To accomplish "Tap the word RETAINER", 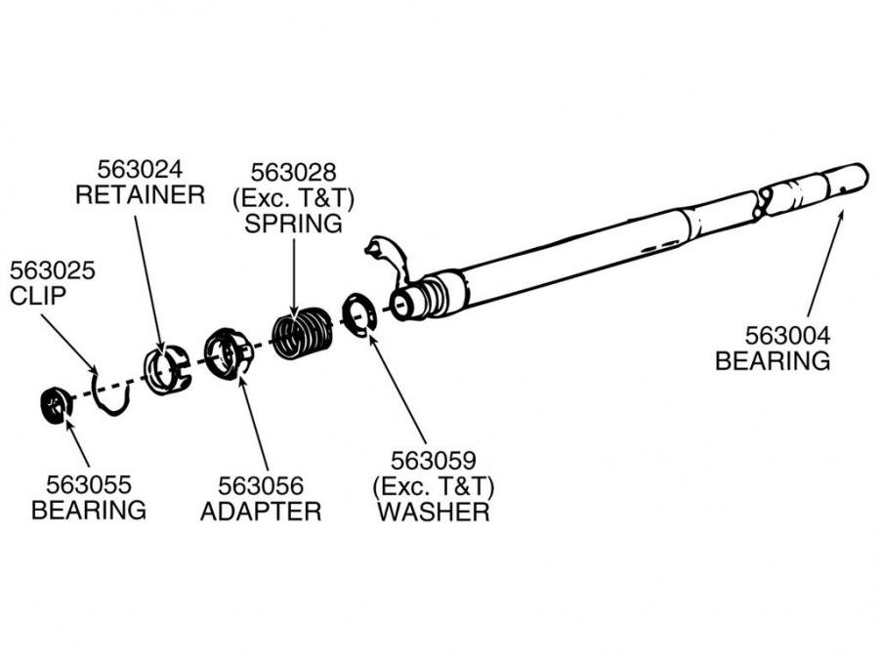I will (x=140, y=194).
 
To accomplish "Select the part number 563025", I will (x=52, y=270).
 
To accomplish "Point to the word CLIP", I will (x=39, y=295).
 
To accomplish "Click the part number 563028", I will (x=294, y=173).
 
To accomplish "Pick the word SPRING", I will (x=294, y=224).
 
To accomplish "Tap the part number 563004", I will (x=774, y=336).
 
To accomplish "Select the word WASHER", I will (x=434, y=511).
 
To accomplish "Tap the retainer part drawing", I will (x=165, y=369).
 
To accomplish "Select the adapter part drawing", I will (x=229, y=353).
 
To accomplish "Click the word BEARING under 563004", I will (x=774, y=360).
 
